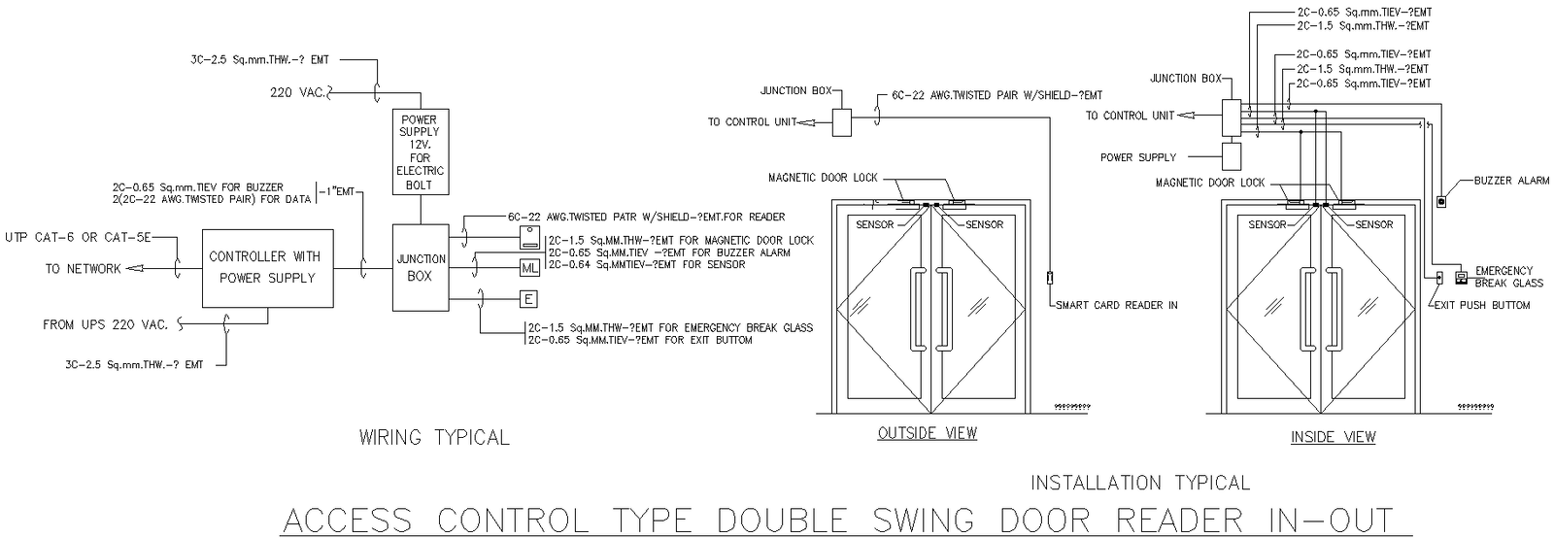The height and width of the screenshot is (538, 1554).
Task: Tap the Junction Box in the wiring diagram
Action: click(421, 268)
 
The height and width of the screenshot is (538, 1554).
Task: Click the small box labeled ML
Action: click(529, 268)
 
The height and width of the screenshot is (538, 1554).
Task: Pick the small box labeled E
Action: click(529, 299)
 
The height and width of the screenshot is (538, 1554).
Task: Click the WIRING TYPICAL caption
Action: click(434, 438)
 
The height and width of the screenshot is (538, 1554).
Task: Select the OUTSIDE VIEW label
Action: click(927, 433)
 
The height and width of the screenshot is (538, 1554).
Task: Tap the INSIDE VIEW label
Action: click(1333, 437)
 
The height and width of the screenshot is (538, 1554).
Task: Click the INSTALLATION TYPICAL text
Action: click(1139, 483)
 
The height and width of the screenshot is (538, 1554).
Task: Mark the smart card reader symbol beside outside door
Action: click(1050, 279)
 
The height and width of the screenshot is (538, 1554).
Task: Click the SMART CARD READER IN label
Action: click(1117, 305)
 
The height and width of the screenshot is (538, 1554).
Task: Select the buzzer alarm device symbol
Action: click(1441, 202)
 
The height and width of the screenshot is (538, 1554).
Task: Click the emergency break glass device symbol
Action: click(1460, 277)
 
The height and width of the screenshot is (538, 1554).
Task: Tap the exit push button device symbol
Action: click(1439, 279)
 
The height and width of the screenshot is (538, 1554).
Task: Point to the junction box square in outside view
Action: click(841, 121)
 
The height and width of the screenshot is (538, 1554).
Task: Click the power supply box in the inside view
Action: click(1232, 156)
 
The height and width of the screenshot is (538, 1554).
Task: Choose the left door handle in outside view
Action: click(915, 309)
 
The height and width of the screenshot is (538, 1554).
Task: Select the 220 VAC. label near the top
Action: click(299, 92)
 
